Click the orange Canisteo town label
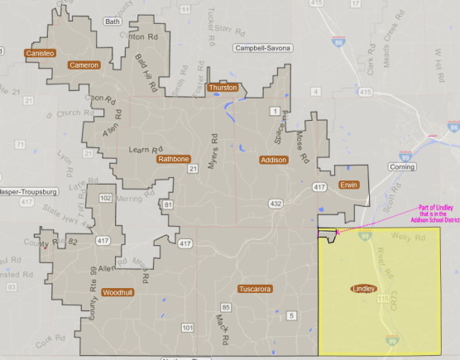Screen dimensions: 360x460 pyautogui.click(x=40, y=53)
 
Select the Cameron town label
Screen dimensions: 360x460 pyautogui.click(x=84, y=65)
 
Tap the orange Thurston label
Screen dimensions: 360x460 pyautogui.click(x=223, y=87)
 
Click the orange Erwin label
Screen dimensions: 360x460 pyautogui.click(x=348, y=185)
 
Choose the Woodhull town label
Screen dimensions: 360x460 pyautogui.click(x=117, y=292)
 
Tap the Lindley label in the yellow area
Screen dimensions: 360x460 pyautogui.click(x=363, y=289)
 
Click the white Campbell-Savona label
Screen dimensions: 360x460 pyautogui.click(x=263, y=49)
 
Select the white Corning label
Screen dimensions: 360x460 pyautogui.click(x=401, y=166)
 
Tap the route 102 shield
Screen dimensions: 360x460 pyautogui.click(x=105, y=199)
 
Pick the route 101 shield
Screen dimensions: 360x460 pyautogui.click(x=188, y=329)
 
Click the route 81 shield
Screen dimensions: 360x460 pyautogui.click(x=168, y=204)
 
